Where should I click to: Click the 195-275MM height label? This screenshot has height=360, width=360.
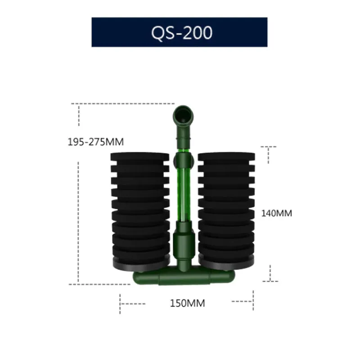click(x=95, y=142)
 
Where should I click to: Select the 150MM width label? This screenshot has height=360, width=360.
click(x=187, y=303)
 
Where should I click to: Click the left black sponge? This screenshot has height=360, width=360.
click(x=139, y=207)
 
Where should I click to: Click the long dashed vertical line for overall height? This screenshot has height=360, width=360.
click(x=78, y=193)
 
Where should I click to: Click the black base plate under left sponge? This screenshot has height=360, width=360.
click(x=139, y=264)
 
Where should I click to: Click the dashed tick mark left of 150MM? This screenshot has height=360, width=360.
click(x=121, y=305)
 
